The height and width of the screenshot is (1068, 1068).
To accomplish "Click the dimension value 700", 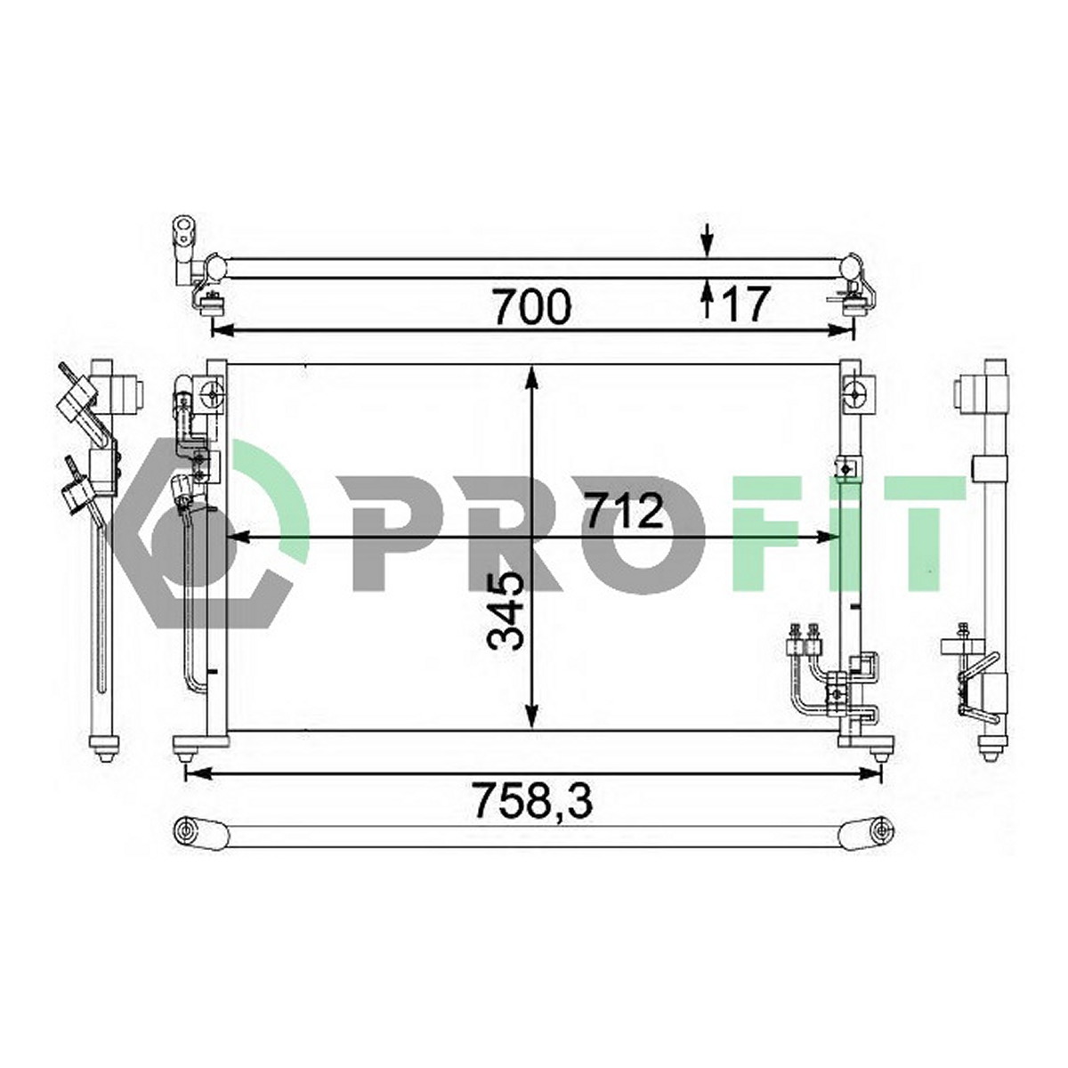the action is pyautogui.click(x=532, y=306).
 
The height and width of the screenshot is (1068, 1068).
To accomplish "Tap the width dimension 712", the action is pyautogui.click(x=625, y=511).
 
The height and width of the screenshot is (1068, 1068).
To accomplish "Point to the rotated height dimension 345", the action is pyautogui.click(x=505, y=611).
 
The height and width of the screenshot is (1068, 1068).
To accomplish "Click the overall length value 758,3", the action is pyautogui.click(x=532, y=800).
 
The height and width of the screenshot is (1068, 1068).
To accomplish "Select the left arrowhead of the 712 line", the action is pyautogui.click(x=239, y=537).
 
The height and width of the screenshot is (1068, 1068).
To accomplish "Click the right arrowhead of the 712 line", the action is pyautogui.click(x=829, y=537).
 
